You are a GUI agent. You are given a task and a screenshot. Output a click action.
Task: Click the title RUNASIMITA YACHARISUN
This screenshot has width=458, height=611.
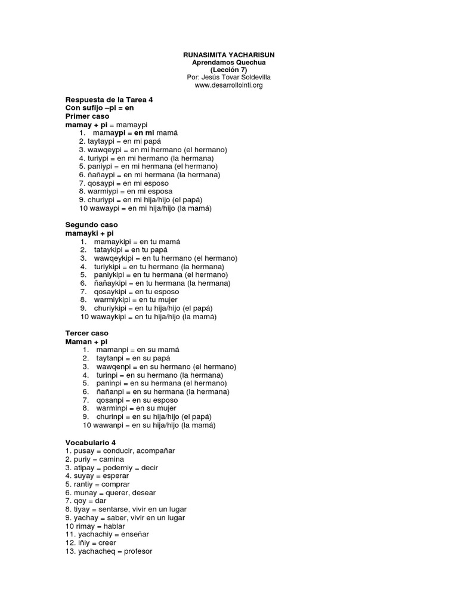(228, 55)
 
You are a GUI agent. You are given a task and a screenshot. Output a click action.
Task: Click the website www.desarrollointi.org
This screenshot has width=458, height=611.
(228, 85)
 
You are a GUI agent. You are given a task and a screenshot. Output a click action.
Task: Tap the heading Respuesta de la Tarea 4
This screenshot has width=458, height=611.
(109, 100)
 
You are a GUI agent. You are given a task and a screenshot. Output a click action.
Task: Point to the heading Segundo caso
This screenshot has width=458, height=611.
(92, 224)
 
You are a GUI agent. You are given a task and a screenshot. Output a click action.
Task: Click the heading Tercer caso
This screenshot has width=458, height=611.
(87, 332)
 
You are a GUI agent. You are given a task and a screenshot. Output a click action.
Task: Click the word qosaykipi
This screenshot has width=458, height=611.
(112, 292)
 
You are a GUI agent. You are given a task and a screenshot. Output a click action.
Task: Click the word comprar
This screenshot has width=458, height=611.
(116, 485)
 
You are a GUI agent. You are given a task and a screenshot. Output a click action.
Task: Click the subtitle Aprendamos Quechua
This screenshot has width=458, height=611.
(228, 63)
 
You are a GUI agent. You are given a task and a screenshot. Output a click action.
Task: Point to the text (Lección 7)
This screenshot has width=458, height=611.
(228, 70)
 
